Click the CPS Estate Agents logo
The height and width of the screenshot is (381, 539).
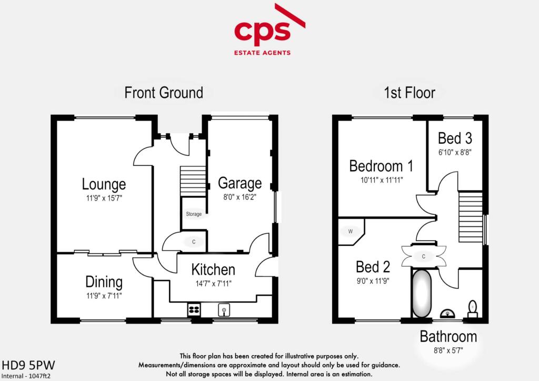pos(269,32)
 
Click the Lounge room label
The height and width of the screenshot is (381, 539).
pos(104,184)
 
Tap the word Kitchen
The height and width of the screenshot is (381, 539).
pos(213,270)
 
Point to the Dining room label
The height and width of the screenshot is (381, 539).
pos(104,282)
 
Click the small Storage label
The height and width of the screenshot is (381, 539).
pos(193,214)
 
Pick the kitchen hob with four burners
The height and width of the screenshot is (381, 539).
pos(194,310)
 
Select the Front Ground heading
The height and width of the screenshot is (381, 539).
pos(163,93)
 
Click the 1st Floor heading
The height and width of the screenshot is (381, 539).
pos(409,93)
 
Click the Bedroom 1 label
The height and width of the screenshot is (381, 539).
pos(381,166)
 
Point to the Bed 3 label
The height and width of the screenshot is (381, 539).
pos(455,138)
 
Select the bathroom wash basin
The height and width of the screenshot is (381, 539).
pos(448,314)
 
